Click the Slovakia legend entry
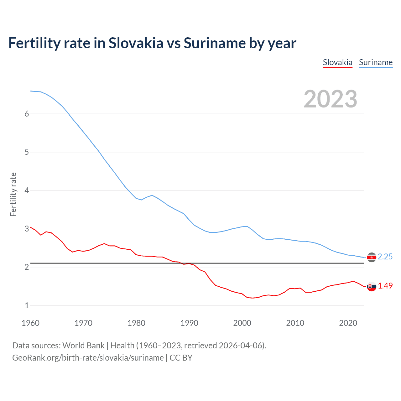tap(337, 62)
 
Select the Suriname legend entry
tap(376, 62)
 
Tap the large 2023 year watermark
tap(330, 99)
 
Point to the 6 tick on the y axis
tap(27, 114)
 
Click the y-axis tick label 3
tap(27, 229)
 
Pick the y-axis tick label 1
tap(27, 305)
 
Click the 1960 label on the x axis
tap(30, 323)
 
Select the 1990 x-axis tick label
tap(189, 323)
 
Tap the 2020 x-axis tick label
tap(348, 323)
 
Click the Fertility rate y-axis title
tap(13, 194)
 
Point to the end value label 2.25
tap(385, 257)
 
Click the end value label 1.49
tap(385, 286)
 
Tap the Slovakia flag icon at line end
tap(372, 286)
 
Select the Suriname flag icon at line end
tap(372, 258)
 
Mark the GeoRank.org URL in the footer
tap(88, 358)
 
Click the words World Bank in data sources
tap(83, 346)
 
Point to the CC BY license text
tap(181, 358)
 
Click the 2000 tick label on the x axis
tap(242, 323)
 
